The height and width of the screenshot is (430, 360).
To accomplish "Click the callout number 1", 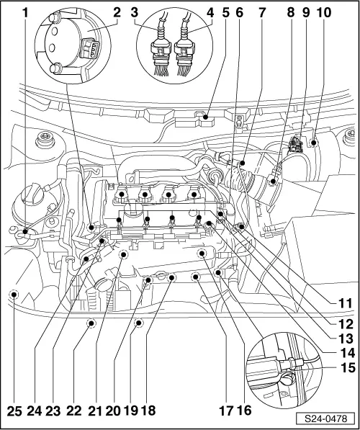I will (27, 12).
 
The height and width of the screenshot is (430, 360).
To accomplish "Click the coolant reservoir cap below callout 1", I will (35, 196).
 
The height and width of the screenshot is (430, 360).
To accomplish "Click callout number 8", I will (291, 12).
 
